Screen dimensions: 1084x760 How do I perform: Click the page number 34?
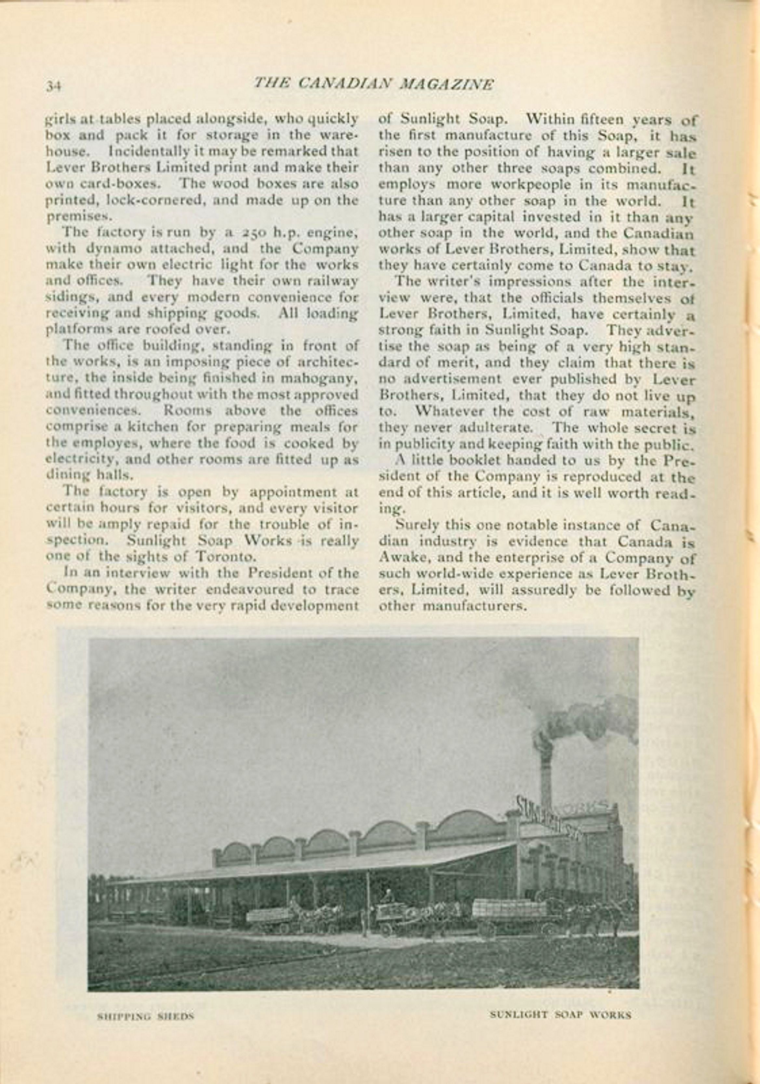point(54,86)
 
